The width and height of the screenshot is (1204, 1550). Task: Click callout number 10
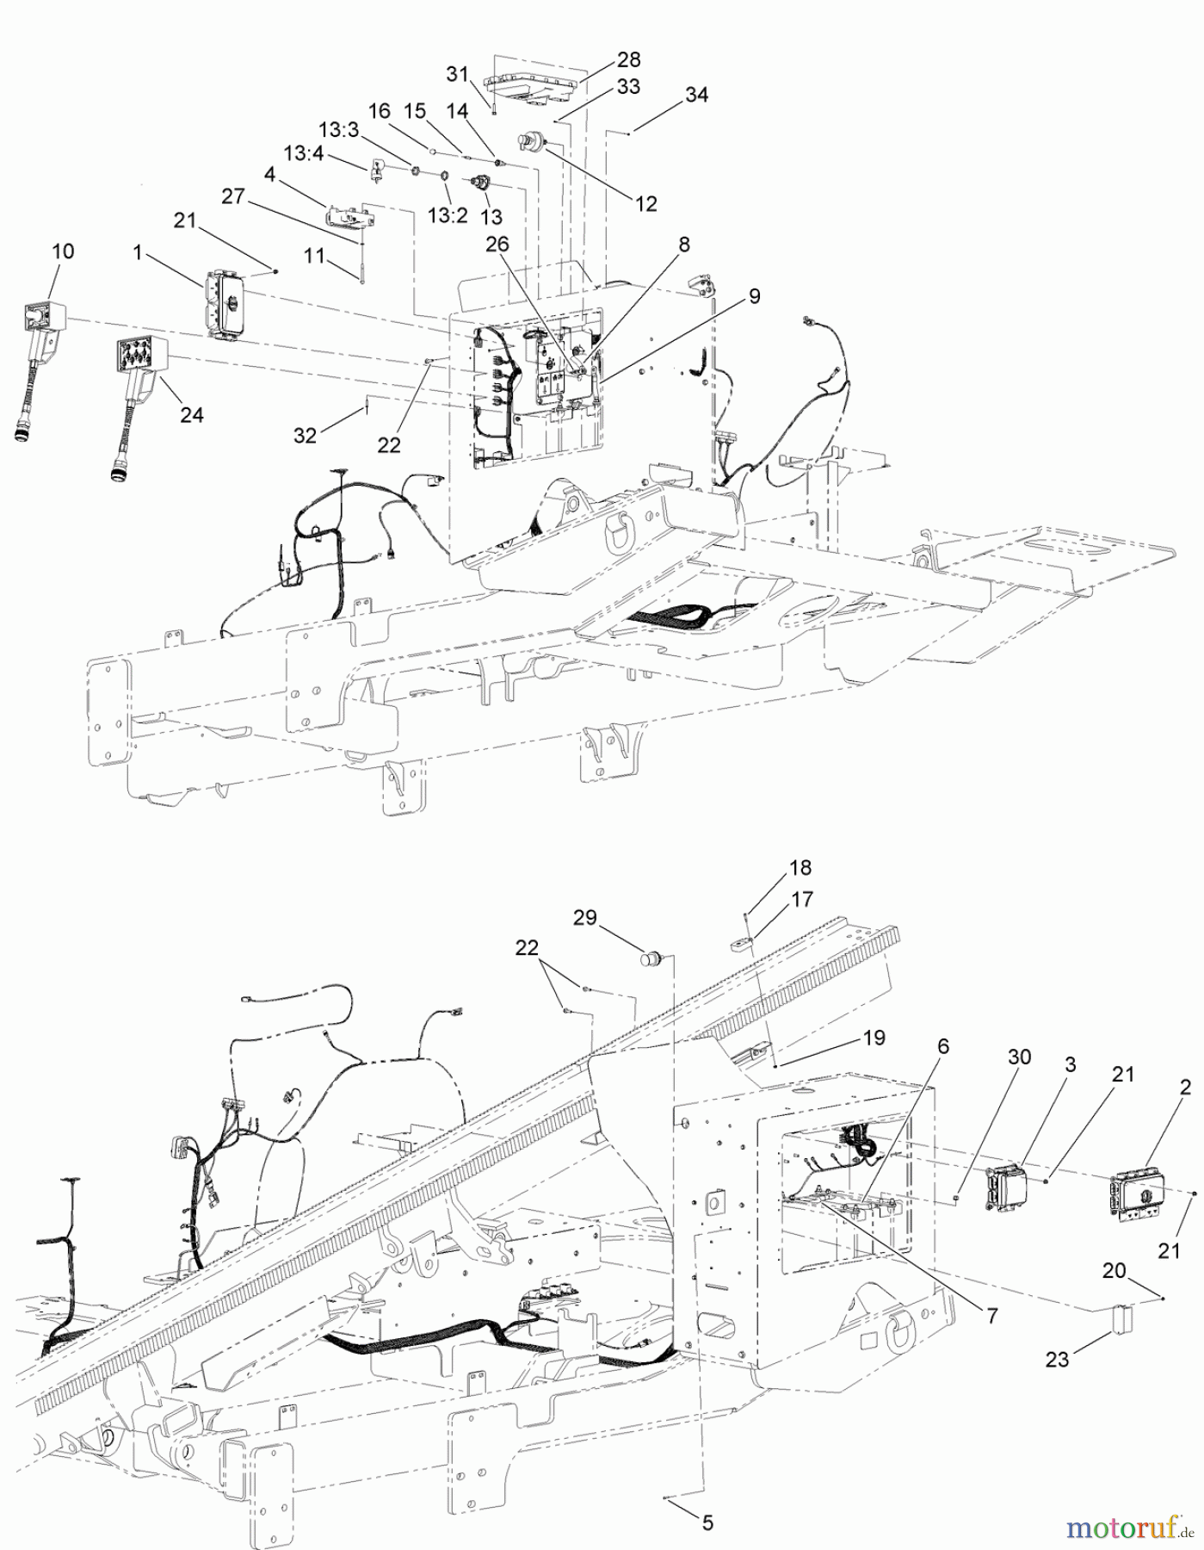click(x=63, y=251)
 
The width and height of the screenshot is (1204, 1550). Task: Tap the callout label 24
click(x=192, y=414)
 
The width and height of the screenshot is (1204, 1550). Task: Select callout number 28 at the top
click(x=628, y=59)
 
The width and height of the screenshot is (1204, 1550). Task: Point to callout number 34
click(x=696, y=95)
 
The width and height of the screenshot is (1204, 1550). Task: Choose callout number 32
click(x=306, y=436)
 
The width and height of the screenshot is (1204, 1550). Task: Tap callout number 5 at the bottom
click(x=707, y=1523)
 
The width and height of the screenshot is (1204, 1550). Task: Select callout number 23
click(x=1057, y=1359)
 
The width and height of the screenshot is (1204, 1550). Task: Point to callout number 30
click(x=1019, y=1057)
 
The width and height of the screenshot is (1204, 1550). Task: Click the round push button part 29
click(x=652, y=957)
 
